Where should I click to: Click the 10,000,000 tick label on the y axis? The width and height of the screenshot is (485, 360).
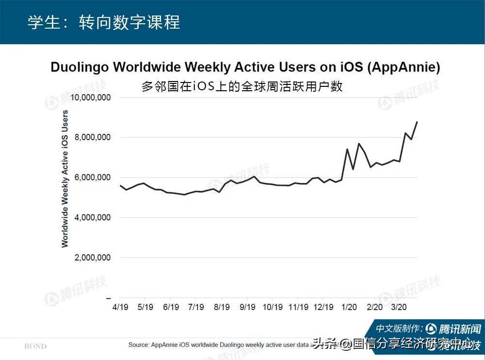[91, 98]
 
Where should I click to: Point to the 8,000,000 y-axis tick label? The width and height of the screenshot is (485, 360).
[93, 138]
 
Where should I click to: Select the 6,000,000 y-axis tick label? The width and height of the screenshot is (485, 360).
[93, 178]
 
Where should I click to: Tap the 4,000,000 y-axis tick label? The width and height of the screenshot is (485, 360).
[93, 218]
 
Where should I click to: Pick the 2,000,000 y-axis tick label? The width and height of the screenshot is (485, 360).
[93, 258]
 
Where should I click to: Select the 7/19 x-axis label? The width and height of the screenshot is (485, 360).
[196, 307]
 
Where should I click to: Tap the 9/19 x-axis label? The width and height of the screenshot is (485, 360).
[247, 307]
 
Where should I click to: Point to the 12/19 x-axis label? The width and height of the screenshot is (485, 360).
[323, 307]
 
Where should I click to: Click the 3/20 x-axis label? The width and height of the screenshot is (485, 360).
[399, 307]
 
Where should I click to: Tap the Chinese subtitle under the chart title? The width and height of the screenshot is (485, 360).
[242, 86]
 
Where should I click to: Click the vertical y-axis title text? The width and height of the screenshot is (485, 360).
[65, 179]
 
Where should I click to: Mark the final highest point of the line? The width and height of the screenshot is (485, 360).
[417, 122]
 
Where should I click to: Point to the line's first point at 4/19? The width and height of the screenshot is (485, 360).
[120, 186]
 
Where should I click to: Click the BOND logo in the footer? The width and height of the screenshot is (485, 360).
[35, 346]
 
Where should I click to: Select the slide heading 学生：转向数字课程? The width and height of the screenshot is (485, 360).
[103, 22]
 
